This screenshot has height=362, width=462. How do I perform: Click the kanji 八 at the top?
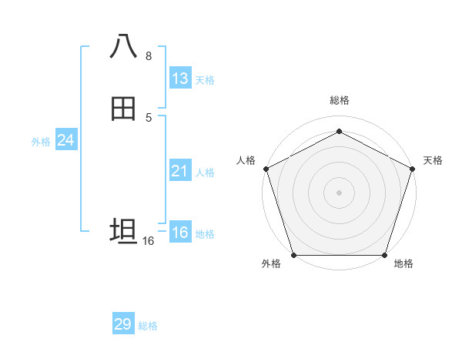click(123, 47)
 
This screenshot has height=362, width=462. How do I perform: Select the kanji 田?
click(123, 109)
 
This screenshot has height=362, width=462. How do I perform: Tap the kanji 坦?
click(123, 231)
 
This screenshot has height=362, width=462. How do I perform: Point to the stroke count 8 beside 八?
click(149, 56)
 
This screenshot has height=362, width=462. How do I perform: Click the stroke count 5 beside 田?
click(149, 117)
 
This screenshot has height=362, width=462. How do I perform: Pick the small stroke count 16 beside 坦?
click(148, 241)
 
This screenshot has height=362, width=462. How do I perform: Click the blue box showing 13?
click(179, 79)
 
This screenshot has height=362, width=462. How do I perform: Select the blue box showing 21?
click(179, 171)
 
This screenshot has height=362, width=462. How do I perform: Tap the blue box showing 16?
click(179, 233)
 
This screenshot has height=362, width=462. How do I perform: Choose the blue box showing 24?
click(65, 140)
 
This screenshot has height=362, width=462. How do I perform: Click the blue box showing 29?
click(123, 324)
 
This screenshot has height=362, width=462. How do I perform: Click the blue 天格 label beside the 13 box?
click(205, 80)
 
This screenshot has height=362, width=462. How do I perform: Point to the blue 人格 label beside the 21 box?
click(205, 173)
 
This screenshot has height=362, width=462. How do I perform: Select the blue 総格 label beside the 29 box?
click(149, 326)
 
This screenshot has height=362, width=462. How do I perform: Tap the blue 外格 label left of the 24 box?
click(41, 142)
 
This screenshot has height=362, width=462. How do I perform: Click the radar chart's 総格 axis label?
click(340, 100)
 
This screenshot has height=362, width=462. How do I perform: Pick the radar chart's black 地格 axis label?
click(403, 264)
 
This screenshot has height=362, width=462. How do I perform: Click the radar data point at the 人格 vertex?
click(266, 168)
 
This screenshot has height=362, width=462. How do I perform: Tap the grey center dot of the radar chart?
click(340, 192)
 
